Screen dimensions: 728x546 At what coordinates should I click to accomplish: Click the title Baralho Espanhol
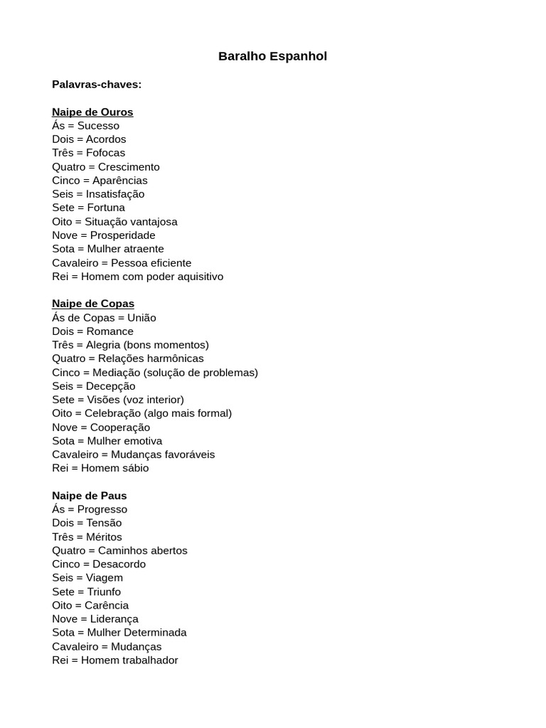(272, 56)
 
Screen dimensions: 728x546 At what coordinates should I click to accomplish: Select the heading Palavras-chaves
(97, 85)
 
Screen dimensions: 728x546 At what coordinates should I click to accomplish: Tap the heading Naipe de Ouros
(92, 112)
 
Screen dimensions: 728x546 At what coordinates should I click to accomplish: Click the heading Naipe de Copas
(93, 304)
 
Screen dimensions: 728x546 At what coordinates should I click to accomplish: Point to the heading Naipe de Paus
(90, 496)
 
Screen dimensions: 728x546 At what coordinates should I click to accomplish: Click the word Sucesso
(98, 126)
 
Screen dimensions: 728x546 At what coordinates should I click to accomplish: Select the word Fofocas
(105, 153)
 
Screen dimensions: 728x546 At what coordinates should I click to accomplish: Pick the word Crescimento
(129, 167)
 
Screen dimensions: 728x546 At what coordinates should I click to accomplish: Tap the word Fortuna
(106, 208)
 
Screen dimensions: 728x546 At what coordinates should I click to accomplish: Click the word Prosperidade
(122, 235)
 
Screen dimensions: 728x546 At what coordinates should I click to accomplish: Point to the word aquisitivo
(195, 277)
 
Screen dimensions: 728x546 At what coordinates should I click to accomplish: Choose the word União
(141, 318)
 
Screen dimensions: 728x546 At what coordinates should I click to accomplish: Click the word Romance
(109, 331)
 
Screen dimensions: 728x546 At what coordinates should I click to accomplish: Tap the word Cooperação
(120, 427)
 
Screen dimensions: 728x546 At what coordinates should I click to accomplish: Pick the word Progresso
(102, 509)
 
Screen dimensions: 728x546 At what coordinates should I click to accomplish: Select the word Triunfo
(104, 591)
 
